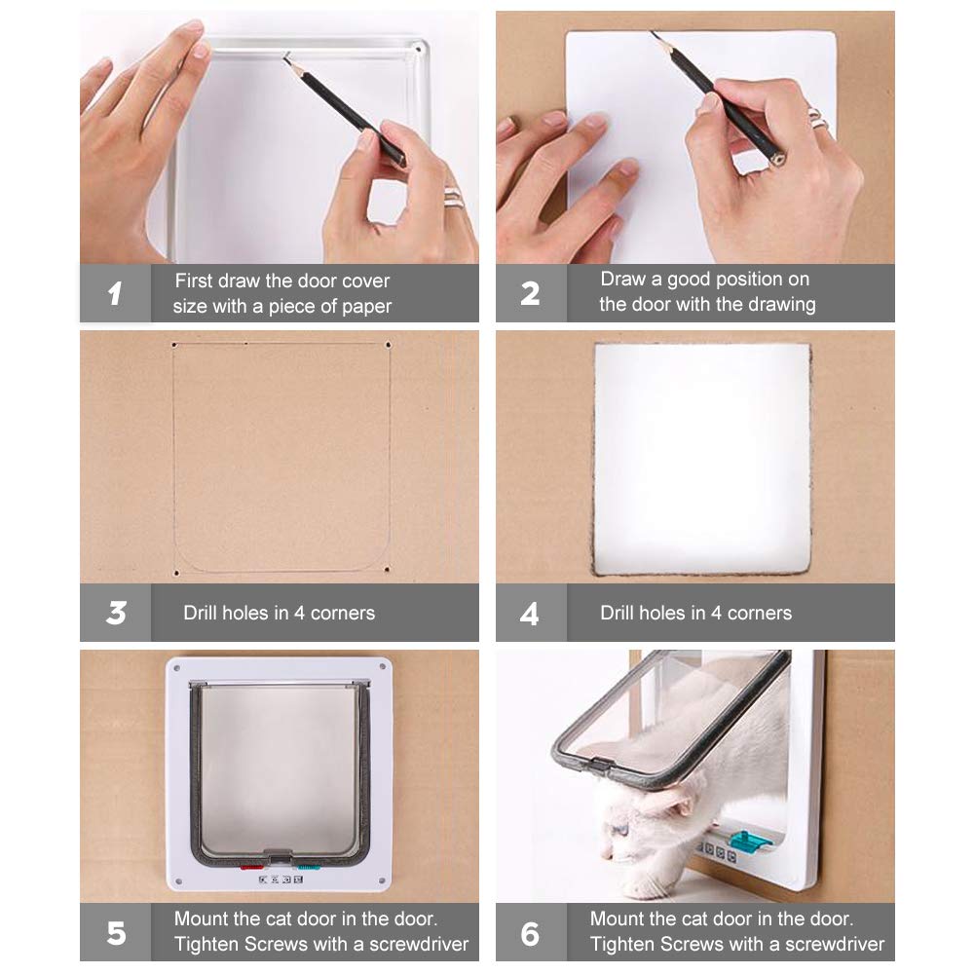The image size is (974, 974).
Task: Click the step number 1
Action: pyautogui.click(x=115, y=293)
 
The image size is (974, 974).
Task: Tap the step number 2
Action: pyautogui.click(x=530, y=293)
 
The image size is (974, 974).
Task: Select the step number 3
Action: pyautogui.click(x=116, y=613)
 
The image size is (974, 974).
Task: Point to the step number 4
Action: pyautogui.click(x=529, y=613)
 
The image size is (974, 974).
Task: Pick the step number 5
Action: pyautogui.click(x=116, y=933)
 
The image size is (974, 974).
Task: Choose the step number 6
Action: pyautogui.click(x=530, y=934)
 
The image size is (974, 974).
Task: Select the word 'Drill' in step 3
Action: pyautogui.click(x=200, y=613)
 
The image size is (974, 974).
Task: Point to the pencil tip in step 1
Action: pyautogui.click(x=285, y=56)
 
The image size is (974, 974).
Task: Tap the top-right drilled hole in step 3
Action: pyautogui.click(x=389, y=345)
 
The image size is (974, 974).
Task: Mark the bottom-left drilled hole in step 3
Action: pyautogui.click(x=176, y=574)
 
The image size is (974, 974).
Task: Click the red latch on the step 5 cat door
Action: pyautogui.click(x=251, y=867)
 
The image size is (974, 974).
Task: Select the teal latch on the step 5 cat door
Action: pyautogui.click(x=309, y=867)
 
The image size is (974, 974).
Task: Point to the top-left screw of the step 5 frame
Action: pyautogui.click(x=177, y=668)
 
